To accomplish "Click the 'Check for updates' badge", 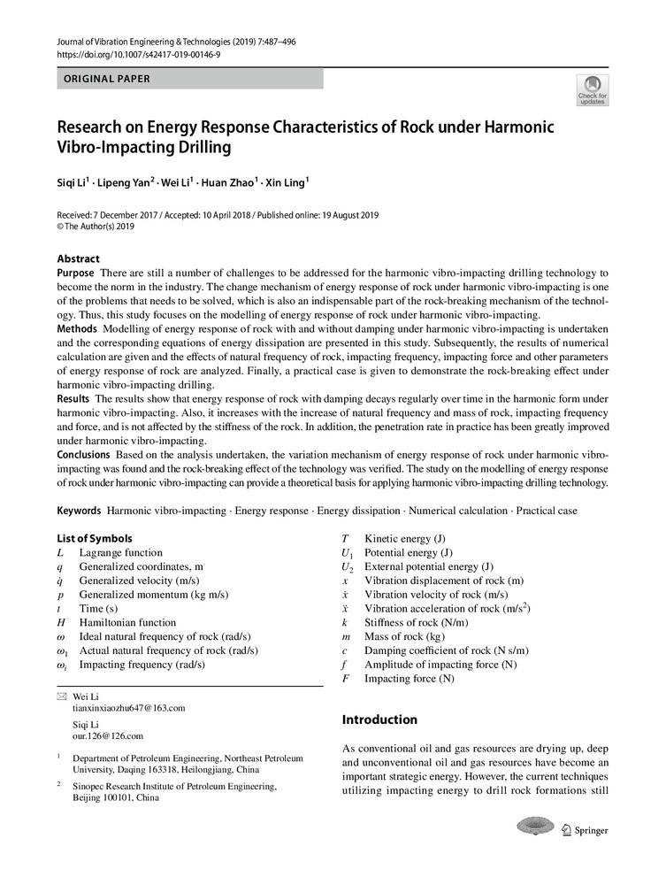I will tap(592, 91).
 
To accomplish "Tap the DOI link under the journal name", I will tap(138, 55).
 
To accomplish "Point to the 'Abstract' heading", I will tap(79, 259).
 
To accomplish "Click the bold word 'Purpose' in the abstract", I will tap(76, 273).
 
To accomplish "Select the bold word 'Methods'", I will tap(77, 328).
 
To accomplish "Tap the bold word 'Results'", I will tap(74, 399).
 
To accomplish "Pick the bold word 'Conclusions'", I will tap(83, 455).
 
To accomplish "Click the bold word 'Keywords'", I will tap(79, 512).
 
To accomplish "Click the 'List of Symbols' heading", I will tap(95, 538).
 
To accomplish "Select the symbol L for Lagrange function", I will tap(60, 552).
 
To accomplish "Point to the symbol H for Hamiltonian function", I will tap(61, 623).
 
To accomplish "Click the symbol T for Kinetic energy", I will tap(346, 538).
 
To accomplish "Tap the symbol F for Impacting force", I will tap(346, 679).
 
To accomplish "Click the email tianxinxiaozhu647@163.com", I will tap(129, 709).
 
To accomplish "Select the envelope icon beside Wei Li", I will tap(61, 697).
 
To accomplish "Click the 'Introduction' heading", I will tap(379, 720).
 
